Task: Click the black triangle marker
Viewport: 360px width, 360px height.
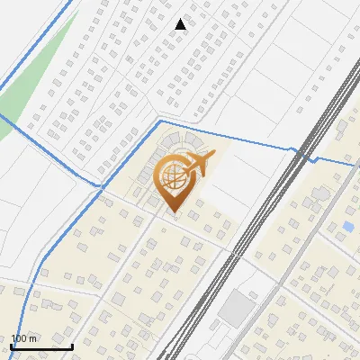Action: coord(181,24)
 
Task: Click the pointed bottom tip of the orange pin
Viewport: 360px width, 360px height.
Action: coord(174,212)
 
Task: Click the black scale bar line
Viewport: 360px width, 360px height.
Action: coord(41,346)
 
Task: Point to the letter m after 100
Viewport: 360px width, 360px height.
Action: coord(33,338)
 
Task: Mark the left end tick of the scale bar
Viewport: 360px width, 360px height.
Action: coord(11,345)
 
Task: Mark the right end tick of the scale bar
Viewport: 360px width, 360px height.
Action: coord(73,345)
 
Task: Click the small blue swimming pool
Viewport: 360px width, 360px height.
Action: coord(348,225)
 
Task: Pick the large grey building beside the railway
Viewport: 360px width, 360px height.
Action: coord(237,308)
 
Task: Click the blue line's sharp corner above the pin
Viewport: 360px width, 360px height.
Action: coord(159,120)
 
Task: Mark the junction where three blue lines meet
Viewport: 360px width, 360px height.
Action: coord(98,185)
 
